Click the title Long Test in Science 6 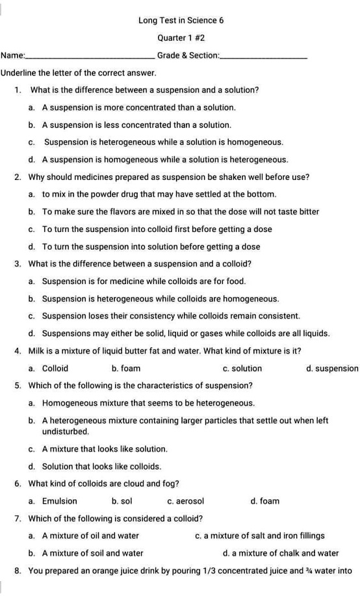pyautogui.click(x=181, y=20)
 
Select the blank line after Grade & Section pyautogui.click(x=264, y=57)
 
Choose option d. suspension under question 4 pyautogui.click(x=332, y=369)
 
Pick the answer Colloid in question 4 pyautogui.click(x=55, y=369)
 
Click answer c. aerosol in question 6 pyautogui.click(x=186, y=501)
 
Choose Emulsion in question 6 pyautogui.click(x=59, y=501)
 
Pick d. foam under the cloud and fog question pyautogui.click(x=265, y=501)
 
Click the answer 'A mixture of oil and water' pyautogui.click(x=90, y=536)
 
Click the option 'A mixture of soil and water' pyautogui.click(x=92, y=554)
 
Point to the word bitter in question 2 pyautogui.click(x=308, y=212)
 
